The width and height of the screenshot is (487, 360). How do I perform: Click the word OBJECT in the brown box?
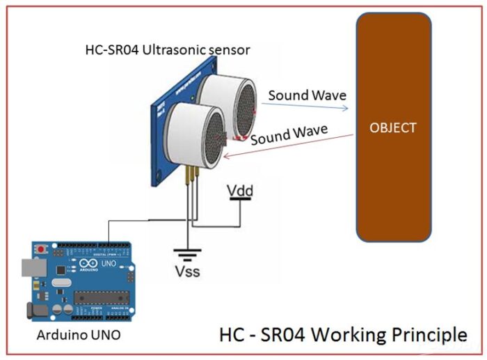[393, 128]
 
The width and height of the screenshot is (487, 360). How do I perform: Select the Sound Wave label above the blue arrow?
[307, 95]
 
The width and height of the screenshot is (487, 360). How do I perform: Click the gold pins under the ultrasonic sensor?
[190, 178]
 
